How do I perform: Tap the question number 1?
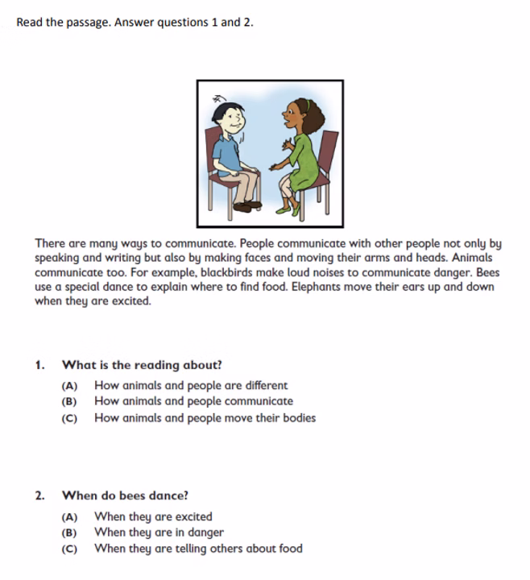(39, 365)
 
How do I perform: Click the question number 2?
(39, 496)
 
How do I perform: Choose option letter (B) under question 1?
(69, 402)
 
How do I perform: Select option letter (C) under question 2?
(69, 549)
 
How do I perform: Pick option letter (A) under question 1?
(69, 387)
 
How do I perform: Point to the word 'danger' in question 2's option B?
(205, 532)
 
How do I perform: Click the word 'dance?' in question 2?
(170, 496)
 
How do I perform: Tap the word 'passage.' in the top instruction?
(90, 23)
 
